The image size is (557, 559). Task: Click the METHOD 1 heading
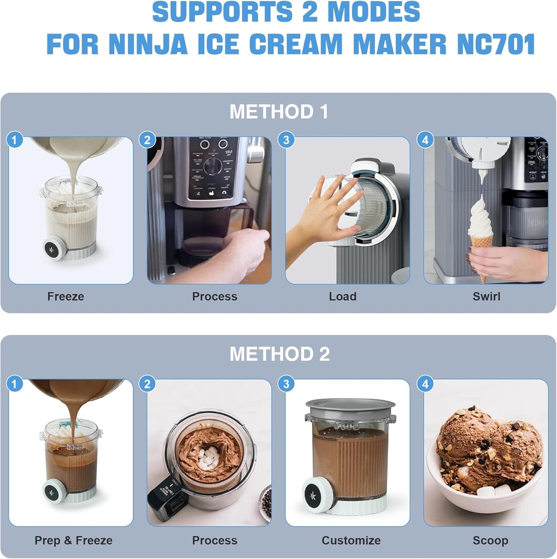click(278, 112)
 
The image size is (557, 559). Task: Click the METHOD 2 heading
click(279, 354)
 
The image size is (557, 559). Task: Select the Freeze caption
click(66, 296)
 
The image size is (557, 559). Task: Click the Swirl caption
click(486, 296)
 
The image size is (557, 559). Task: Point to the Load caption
click(343, 296)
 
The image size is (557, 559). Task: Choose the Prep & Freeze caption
click(73, 540)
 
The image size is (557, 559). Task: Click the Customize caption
click(351, 540)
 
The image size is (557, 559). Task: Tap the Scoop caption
click(490, 540)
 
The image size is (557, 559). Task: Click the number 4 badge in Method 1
click(425, 140)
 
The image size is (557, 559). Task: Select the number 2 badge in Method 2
click(147, 384)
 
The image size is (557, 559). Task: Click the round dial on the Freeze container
click(55, 248)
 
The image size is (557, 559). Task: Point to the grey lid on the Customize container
click(350, 406)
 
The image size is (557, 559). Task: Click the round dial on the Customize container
click(317, 495)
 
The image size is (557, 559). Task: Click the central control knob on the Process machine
click(213, 165)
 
